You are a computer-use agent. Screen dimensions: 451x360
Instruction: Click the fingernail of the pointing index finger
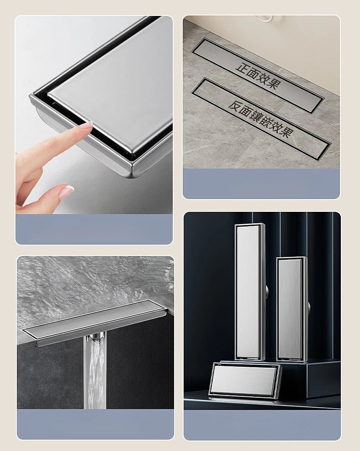pyautogui.click(x=86, y=125)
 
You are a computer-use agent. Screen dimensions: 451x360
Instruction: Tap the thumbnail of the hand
pyautogui.click(x=66, y=192)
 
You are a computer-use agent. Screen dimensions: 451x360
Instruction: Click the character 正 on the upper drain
pyautogui.click(x=243, y=66)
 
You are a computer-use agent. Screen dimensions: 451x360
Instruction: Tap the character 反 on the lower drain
pyautogui.click(x=235, y=106)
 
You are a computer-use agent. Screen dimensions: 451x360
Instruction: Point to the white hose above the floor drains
pyautogui.click(x=265, y=19)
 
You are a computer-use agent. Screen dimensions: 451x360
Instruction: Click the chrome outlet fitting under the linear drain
pyautogui.click(x=96, y=337)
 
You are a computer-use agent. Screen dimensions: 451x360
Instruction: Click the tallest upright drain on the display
pyautogui.click(x=249, y=292)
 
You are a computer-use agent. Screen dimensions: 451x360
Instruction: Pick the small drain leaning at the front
pyautogui.click(x=245, y=380)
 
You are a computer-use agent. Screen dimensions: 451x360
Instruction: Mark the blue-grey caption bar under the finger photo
pyautogui.click(x=94, y=229)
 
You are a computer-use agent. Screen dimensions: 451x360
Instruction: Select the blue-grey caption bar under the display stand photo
pyautogui.click(x=262, y=425)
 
